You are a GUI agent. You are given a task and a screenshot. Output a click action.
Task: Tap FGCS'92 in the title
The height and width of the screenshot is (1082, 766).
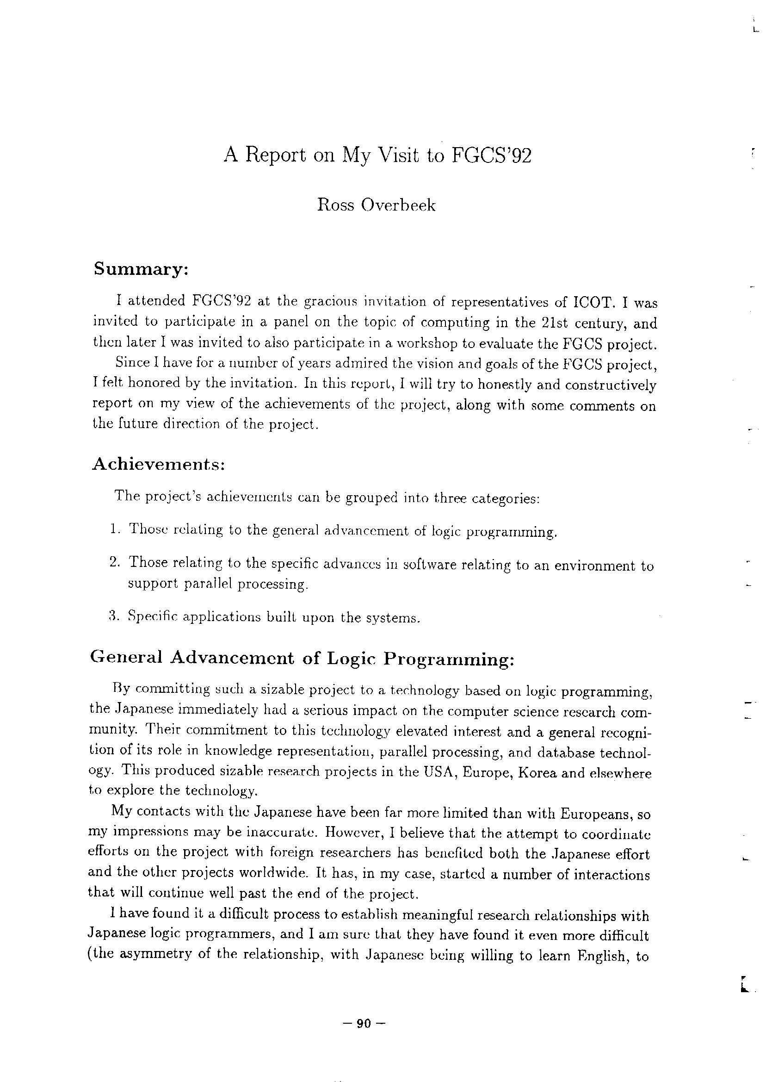coord(492,155)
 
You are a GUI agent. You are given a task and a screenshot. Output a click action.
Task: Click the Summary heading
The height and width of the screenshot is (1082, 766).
coord(141,269)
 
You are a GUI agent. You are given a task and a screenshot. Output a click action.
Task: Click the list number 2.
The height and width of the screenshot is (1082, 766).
coord(114,562)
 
